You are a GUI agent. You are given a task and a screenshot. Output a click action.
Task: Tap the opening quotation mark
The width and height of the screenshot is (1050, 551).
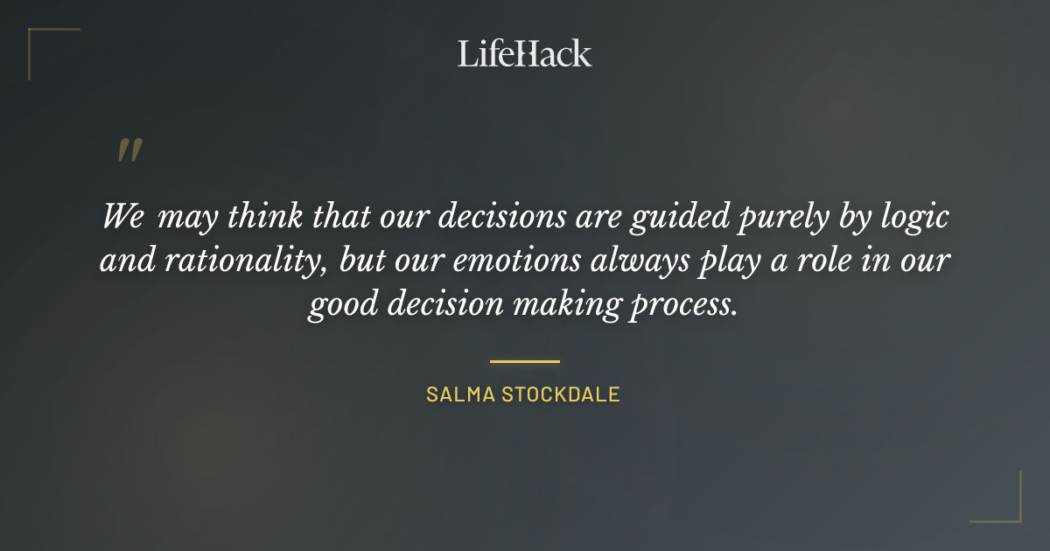(x=129, y=150)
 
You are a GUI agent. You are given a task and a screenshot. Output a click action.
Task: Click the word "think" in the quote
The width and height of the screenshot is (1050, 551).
(x=260, y=216)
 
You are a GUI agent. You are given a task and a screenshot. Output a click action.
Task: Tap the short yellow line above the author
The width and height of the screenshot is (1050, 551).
(x=524, y=360)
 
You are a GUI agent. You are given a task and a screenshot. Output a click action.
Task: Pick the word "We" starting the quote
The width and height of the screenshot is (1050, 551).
(x=123, y=216)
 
